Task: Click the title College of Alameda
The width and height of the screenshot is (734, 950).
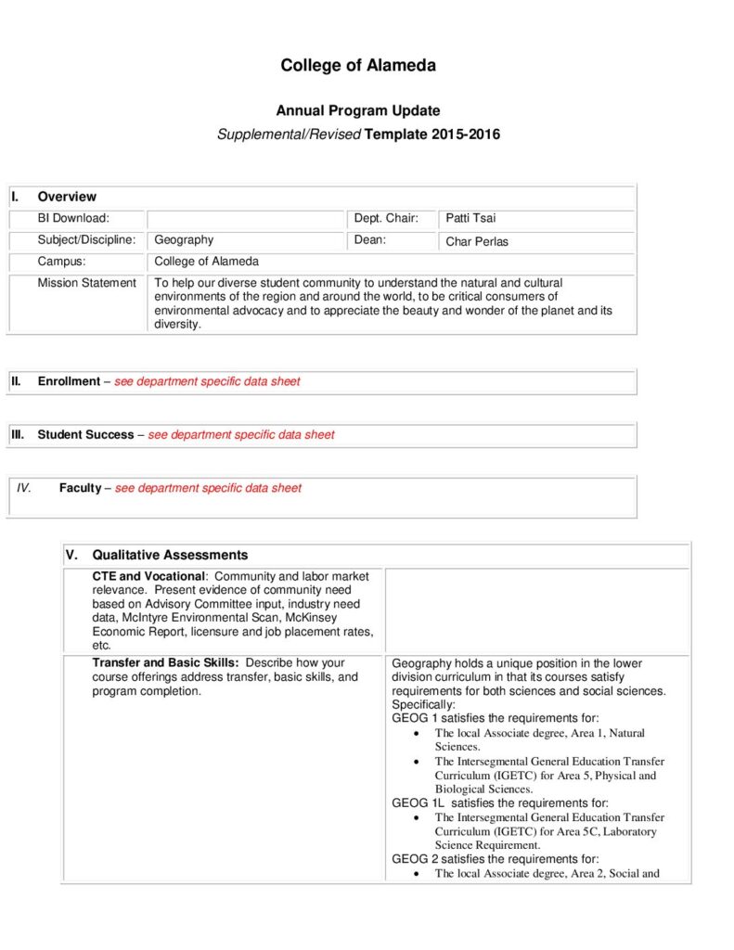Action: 358,66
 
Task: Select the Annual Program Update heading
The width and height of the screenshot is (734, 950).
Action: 358,111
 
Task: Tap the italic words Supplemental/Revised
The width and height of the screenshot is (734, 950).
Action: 289,135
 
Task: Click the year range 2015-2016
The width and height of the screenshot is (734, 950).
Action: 466,135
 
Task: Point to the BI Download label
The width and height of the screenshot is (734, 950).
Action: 73,219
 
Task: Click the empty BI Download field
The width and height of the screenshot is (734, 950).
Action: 246,219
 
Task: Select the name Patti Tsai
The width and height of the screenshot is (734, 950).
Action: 470,219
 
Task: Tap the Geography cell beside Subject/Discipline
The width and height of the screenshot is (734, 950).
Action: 184,240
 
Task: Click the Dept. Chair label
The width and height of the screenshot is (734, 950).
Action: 386,219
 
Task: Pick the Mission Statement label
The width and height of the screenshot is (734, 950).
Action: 86,283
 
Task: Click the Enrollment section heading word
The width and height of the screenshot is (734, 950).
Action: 69,381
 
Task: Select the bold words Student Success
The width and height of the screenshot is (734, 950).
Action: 85,434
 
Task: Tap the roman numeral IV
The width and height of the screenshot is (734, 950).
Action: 24,488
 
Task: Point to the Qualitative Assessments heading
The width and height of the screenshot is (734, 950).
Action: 170,556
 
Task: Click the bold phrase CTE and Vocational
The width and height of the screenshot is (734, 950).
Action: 148,577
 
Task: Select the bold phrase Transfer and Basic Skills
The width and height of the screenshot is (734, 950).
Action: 165,663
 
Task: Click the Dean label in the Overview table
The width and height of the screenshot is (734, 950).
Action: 369,240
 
